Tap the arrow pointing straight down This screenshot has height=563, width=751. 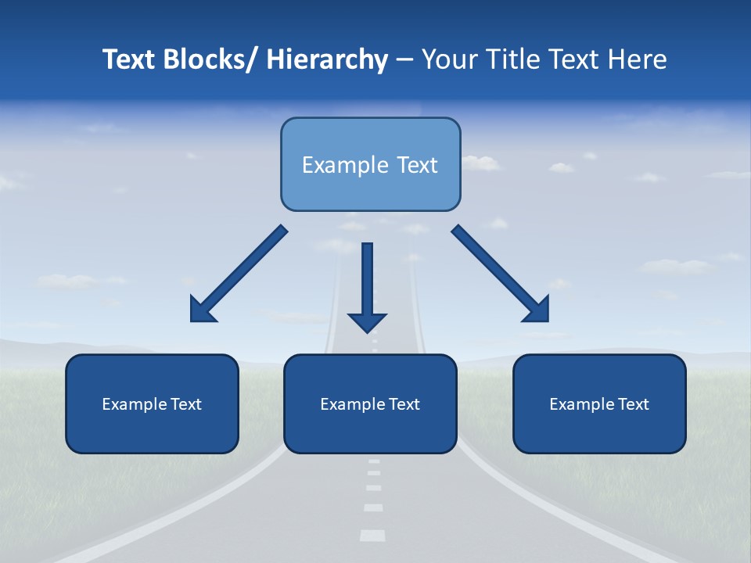coord(368,281)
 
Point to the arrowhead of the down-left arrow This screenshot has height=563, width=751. coord(202,310)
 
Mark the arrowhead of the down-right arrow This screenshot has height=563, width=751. coord(537,310)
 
